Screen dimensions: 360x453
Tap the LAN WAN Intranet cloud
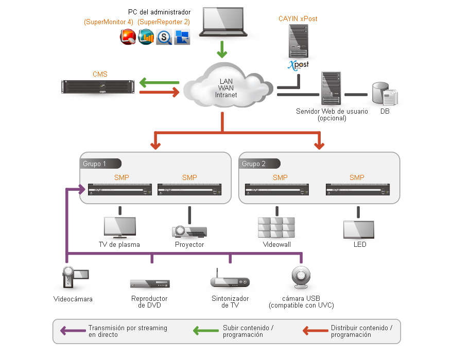[x=225, y=87]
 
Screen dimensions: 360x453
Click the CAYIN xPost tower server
[x=299, y=42]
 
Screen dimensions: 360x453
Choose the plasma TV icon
[x=119, y=227]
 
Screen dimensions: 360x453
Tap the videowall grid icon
[x=276, y=227]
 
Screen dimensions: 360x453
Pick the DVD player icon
[x=150, y=284]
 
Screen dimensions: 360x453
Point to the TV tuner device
[x=230, y=281]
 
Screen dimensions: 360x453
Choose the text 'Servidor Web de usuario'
[x=332, y=111]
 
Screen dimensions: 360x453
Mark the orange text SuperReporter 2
[x=164, y=22]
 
